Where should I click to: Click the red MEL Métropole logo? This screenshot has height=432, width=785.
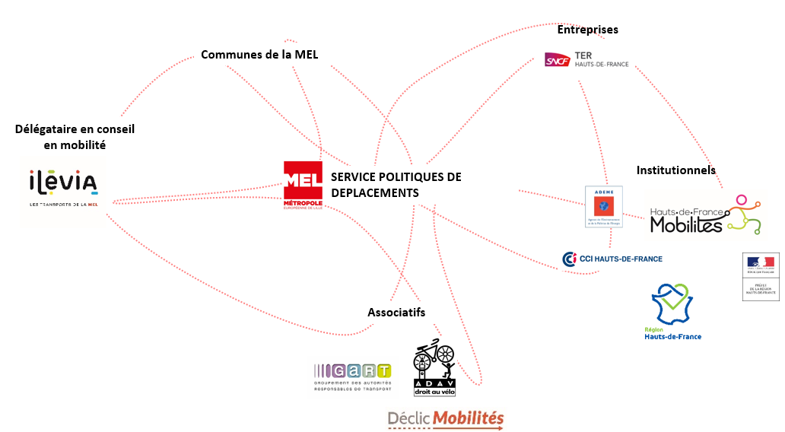(x=303, y=183)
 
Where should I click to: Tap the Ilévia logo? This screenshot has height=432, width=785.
(x=62, y=187)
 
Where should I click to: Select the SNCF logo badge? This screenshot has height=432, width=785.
(x=557, y=59)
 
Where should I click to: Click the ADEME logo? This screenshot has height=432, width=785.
(x=603, y=207)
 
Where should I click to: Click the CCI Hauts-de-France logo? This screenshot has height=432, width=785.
(x=612, y=259)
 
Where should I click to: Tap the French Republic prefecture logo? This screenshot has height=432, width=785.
(x=761, y=277)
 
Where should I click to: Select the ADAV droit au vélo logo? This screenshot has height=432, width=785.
(x=434, y=368)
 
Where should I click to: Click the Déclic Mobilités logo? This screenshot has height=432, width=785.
(x=445, y=418)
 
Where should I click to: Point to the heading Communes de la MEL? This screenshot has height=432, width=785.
(x=259, y=55)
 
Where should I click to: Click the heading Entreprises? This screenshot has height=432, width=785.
(x=587, y=30)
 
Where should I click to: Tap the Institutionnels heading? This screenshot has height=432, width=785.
(x=675, y=170)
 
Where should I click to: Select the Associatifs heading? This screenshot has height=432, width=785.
(x=396, y=313)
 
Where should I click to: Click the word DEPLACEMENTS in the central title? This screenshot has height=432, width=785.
(x=375, y=193)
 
